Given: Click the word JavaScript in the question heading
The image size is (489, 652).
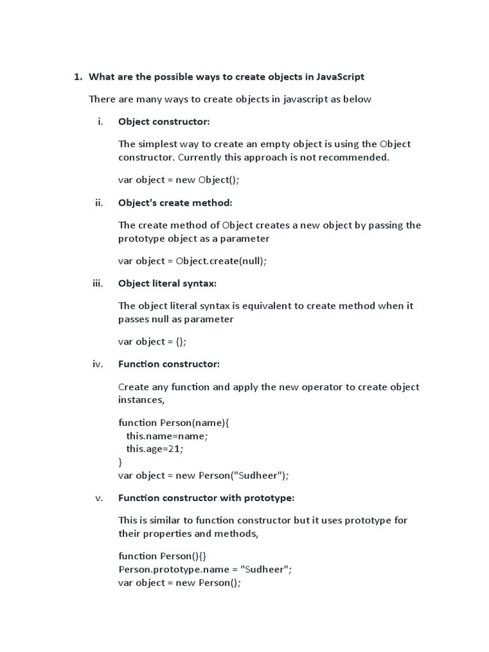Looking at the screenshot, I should click(x=341, y=77).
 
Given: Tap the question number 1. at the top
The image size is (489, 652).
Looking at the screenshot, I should click(x=78, y=77).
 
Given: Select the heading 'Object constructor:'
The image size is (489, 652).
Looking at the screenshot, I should click(x=164, y=122).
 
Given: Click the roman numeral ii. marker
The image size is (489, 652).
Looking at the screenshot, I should click(x=99, y=202).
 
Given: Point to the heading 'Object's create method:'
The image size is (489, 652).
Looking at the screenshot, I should click(x=175, y=202).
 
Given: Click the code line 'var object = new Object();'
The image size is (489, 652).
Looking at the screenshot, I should click(x=179, y=180).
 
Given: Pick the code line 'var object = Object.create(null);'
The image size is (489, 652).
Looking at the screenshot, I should click(x=192, y=260).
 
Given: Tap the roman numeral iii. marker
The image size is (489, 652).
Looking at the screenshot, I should click(x=97, y=283).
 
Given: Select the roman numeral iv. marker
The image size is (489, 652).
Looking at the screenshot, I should click(x=97, y=364).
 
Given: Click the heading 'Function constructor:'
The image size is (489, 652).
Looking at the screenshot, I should click(x=169, y=364).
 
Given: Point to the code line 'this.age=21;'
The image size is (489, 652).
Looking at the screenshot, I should click(x=154, y=448).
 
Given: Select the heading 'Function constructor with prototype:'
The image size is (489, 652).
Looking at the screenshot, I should click(x=206, y=498).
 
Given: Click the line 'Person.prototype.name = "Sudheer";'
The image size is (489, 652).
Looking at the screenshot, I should click(x=205, y=569).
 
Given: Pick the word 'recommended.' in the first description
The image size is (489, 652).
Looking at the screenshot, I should click(x=358, y=157).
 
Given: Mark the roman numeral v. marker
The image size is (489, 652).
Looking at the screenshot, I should click(x=99, y=498).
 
